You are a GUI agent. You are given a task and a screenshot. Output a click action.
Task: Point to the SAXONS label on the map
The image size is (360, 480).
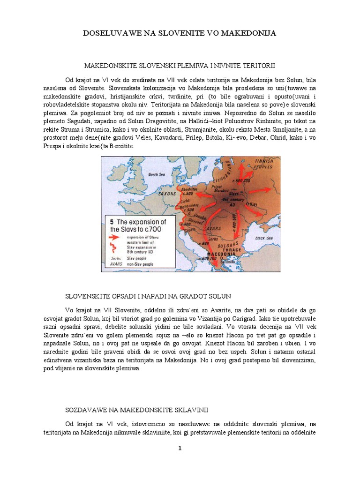(167, 193)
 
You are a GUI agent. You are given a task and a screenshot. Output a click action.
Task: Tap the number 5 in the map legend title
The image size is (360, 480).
(112, 222)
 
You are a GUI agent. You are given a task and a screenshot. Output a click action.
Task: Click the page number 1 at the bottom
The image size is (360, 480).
(180, 448)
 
